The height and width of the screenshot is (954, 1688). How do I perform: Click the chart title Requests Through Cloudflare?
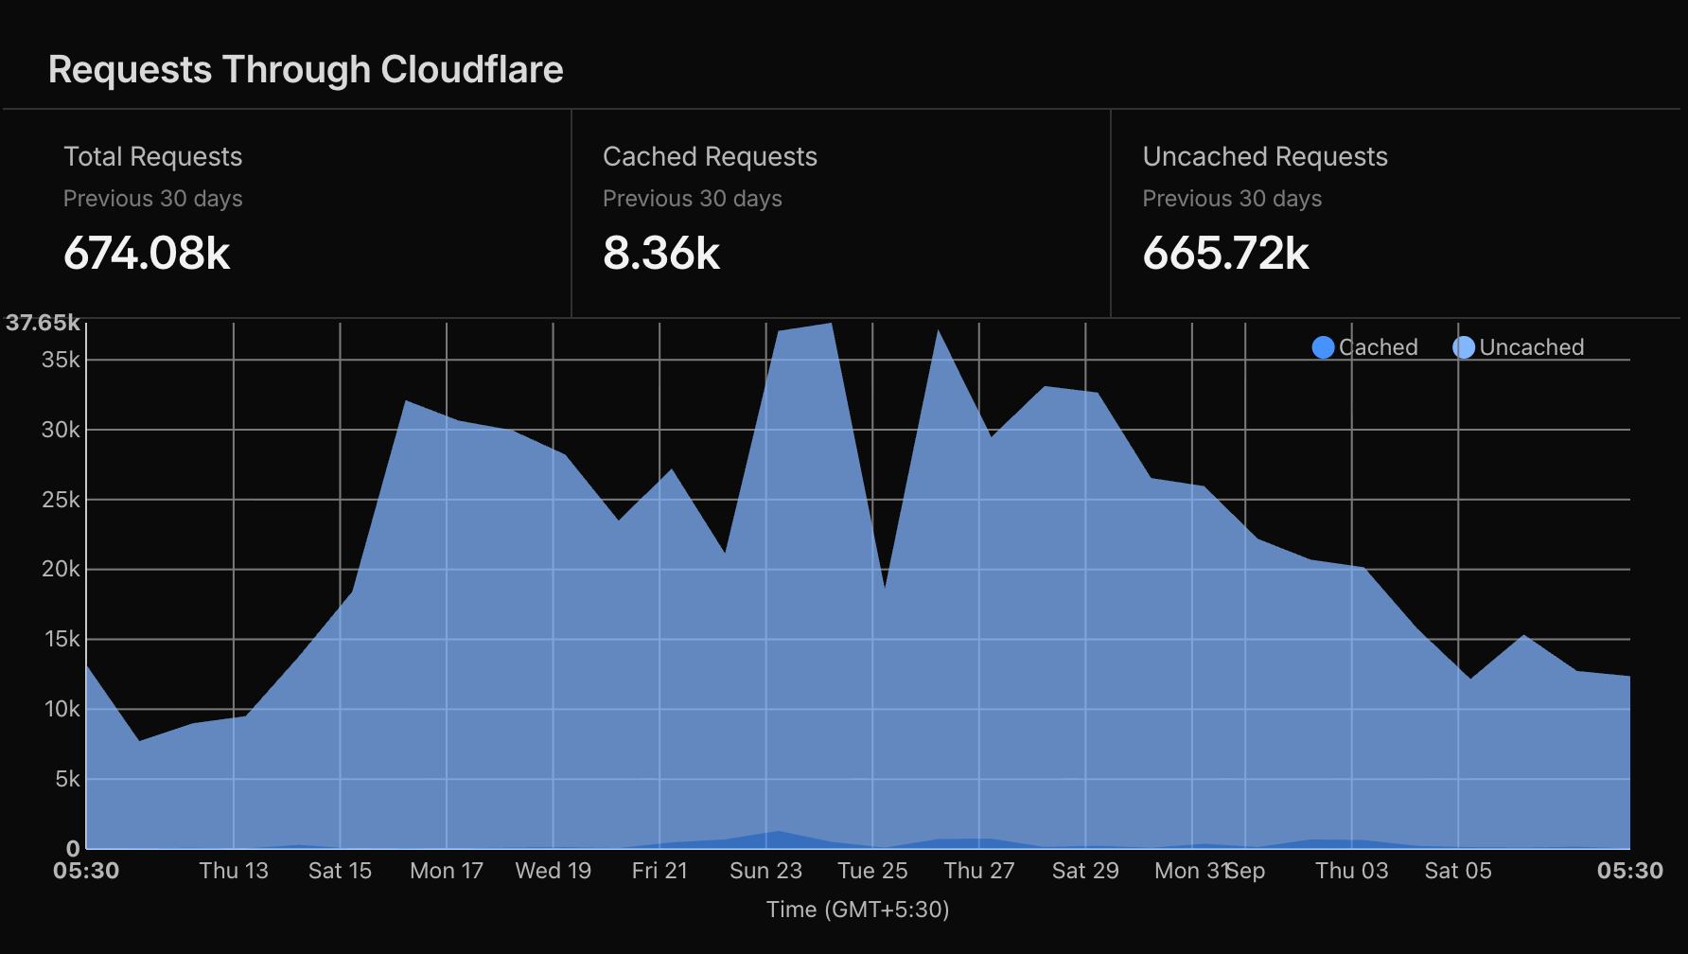point(306,70)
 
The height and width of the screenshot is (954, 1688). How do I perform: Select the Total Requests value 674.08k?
point(147,254)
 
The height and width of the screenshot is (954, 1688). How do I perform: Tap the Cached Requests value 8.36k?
point(661,254)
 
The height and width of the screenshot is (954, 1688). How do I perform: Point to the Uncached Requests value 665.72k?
point(1225,254)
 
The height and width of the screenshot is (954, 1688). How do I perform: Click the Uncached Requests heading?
point(1265,157)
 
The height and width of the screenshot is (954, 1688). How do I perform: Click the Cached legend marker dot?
point(1324,347)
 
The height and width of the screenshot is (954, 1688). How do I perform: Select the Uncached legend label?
point(1532,347)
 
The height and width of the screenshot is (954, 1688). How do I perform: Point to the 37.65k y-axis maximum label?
point(43,323)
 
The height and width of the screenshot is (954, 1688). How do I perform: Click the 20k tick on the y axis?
point(62,569)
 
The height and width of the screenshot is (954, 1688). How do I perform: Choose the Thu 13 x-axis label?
point(234,871)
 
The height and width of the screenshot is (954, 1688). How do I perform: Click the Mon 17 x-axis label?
point(447,871)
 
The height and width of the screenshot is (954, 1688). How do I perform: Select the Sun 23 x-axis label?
point(765,871)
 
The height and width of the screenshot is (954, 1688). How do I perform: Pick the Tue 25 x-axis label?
point(872,871)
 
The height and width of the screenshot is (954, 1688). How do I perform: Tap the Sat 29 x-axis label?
point(1085,871)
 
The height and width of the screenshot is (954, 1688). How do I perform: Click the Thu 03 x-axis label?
point(1352,871)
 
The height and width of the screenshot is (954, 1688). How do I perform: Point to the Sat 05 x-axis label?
point(1458,871)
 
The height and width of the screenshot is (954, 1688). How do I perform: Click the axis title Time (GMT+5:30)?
point(857,910)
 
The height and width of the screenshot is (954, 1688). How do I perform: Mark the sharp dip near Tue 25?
point(885,588)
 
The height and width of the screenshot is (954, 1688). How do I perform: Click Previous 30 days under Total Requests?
point(153,199)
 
